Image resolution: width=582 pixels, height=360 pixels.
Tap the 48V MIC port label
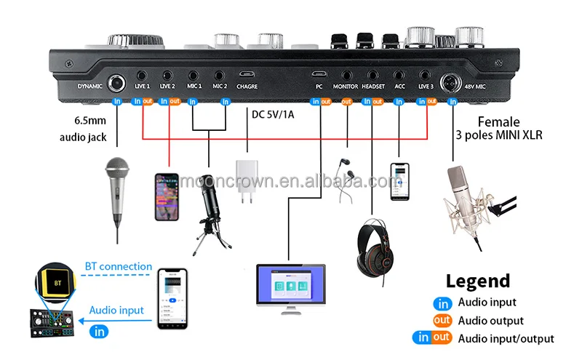pyautogui.click(x=471, y=86)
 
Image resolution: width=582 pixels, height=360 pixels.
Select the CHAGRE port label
pyautogui.click(x=246, y=86)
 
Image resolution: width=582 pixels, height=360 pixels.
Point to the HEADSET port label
pyautogui.click(x=372, y=86)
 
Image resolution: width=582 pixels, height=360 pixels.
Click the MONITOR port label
pyautogui.click(x=346, y=86)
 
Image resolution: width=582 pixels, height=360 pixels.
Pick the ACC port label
pyautogui.click(x=399, y=86)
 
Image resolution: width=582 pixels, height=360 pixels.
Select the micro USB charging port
pyautogui.click(x=246, y=74)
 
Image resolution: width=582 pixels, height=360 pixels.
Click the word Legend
pyautogui.click(x=478, y=281)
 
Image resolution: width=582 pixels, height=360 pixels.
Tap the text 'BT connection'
pyautogui.click(x=119, y=266)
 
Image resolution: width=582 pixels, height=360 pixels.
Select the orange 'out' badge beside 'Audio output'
pyautogui.click(x=442, y=320)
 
